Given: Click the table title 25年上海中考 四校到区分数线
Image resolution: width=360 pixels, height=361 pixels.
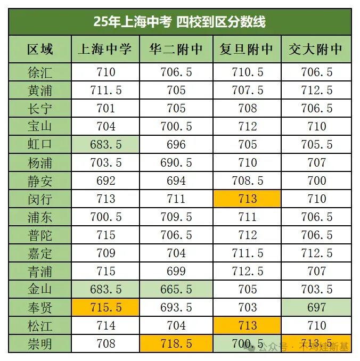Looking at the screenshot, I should (179, 22).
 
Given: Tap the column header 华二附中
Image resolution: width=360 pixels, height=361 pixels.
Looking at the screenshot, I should (176, 50).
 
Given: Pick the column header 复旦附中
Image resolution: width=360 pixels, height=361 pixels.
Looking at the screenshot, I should (247, 50).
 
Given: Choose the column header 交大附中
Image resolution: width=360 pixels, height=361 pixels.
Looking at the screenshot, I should (316, 50).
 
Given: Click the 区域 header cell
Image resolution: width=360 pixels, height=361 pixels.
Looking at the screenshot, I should (40, 50).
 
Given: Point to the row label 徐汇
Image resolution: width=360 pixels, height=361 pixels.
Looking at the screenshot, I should (40, 72).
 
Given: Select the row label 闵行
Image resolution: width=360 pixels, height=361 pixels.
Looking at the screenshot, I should (40, 199).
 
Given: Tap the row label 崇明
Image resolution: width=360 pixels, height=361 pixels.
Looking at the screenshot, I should (40, 344).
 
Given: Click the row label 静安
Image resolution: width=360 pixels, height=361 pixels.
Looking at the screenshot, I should (40, 181).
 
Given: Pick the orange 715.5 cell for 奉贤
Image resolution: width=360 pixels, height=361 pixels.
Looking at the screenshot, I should (105, 308).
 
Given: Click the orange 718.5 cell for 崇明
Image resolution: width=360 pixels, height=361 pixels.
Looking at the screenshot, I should (176, 344).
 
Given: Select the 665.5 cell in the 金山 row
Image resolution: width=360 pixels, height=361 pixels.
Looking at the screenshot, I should (176, 290).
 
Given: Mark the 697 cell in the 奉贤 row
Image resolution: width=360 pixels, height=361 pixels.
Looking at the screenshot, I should (316, 308).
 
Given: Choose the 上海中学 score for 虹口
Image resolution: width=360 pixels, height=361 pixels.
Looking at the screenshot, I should (105, 145).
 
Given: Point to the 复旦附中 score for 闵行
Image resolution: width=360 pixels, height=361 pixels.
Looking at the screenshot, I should (247, 199).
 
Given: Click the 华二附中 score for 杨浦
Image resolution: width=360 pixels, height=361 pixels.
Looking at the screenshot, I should (176, 163).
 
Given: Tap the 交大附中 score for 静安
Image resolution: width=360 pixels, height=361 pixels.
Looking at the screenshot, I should (316, 181).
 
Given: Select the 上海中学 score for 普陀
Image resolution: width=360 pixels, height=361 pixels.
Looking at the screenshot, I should (105, 235).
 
